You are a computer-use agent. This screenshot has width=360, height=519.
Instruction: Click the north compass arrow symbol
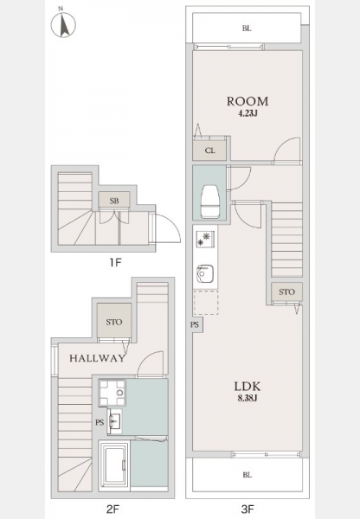pos(63,23)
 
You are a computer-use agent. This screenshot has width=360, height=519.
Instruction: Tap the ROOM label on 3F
pos(247,101)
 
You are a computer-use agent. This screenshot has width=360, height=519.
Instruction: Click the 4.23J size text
pos(247,113)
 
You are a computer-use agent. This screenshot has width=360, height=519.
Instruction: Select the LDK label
pos(247,387)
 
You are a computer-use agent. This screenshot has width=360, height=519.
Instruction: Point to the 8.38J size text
pos(247,398)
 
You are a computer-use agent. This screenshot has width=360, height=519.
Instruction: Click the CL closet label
pos(209,151)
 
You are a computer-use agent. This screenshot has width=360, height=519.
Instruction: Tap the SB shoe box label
pos(114,201)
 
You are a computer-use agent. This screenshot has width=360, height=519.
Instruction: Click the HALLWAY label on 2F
pos(98,358)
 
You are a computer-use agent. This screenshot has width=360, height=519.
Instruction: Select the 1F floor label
pos(116,263)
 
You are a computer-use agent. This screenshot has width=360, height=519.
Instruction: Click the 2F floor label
pos(113,509)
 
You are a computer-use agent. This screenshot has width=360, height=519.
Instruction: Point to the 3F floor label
pos(247,509)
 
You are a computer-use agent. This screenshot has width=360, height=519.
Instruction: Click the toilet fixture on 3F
pos(209,202)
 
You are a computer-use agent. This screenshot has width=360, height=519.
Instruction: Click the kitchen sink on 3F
pos(205,273)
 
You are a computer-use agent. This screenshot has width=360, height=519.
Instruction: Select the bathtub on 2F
pos(114,465)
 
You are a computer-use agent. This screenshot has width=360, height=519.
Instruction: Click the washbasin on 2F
pos(115,420)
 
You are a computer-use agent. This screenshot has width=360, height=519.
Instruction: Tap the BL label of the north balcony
pos(247,29)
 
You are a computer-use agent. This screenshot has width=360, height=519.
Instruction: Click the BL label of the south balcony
pos(247,475)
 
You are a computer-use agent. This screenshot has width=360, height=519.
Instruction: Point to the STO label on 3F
pos(286,292)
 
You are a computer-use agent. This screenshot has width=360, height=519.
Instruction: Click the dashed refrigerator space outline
pos(206,303)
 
